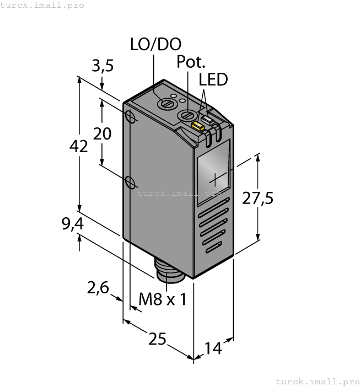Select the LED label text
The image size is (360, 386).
213,80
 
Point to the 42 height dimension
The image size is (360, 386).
79,147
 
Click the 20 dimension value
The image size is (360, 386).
102,133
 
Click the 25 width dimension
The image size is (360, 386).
157,339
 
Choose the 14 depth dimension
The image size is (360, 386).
213,348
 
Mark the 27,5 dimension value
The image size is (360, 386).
258,199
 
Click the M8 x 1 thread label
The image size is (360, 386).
162,299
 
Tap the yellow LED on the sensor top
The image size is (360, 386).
197,127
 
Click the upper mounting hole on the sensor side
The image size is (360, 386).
131,117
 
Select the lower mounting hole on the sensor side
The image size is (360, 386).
131,182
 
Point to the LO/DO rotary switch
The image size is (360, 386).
164,103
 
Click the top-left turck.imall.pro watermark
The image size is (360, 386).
42,5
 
